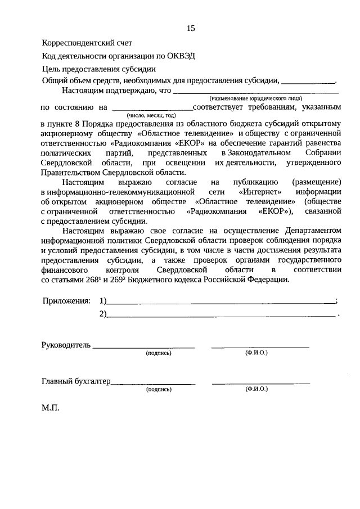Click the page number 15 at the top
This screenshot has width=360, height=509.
coord(191,29)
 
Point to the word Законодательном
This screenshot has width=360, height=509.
coord(256,152)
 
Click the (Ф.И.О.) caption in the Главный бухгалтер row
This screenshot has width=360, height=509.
coord(256,389)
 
